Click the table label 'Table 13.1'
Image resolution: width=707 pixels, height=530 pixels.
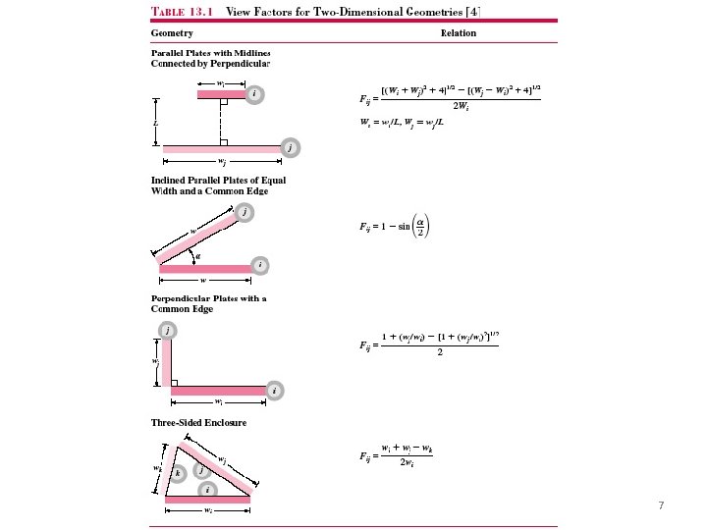[182, 13]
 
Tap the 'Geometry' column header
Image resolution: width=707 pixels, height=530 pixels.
[172, 32]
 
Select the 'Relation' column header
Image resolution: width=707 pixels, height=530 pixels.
[459, 32]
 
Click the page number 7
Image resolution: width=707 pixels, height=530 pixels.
[661, 505]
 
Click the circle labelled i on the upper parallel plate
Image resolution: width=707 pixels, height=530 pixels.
[254, 94]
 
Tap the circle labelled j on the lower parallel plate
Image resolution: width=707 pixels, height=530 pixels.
[290, 147]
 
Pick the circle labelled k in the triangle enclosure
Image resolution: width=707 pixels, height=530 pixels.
[177, 473]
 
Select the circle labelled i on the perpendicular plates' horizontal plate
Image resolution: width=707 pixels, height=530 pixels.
[275, 391]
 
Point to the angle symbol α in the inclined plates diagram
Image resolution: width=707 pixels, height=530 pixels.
[198, 256]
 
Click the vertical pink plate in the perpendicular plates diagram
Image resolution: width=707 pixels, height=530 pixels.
[167, 363]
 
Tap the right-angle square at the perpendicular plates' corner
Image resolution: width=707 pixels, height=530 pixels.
[175, 382]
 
